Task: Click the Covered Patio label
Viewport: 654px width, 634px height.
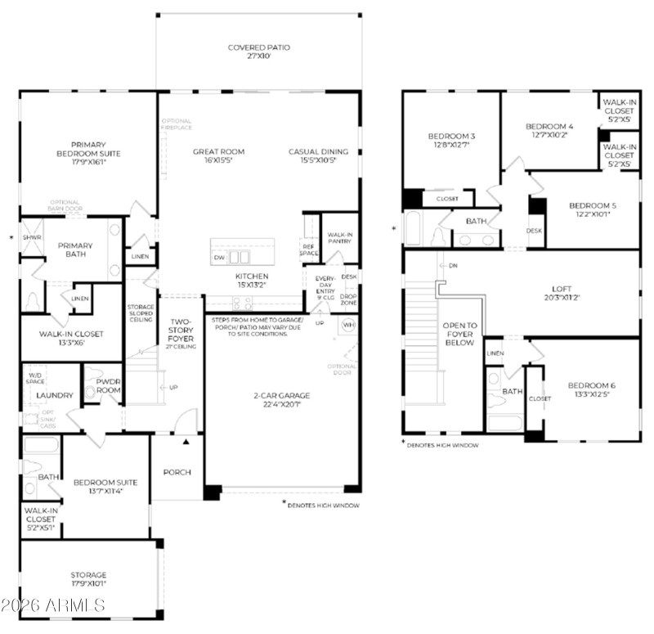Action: point(258,47)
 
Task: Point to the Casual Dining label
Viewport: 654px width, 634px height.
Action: point(318,151)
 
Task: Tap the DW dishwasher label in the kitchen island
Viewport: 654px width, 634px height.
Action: point(218,257)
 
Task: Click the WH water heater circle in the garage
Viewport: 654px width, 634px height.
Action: point(348,326)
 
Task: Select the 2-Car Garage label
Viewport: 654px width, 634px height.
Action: point(280,395)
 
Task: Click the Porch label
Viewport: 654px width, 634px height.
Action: point(177,471)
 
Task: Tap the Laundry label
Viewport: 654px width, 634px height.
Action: point(55,395)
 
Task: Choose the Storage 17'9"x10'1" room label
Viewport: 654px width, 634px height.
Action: point(88,575)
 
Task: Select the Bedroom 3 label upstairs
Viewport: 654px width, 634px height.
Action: point(451,136)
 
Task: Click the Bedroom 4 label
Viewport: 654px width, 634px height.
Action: point(549,126)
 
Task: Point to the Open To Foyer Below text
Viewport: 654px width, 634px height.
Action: point(459,334)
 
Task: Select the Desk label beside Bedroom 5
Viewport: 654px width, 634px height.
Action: point(534,231)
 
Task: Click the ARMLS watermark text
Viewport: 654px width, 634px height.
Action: point(53,605)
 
